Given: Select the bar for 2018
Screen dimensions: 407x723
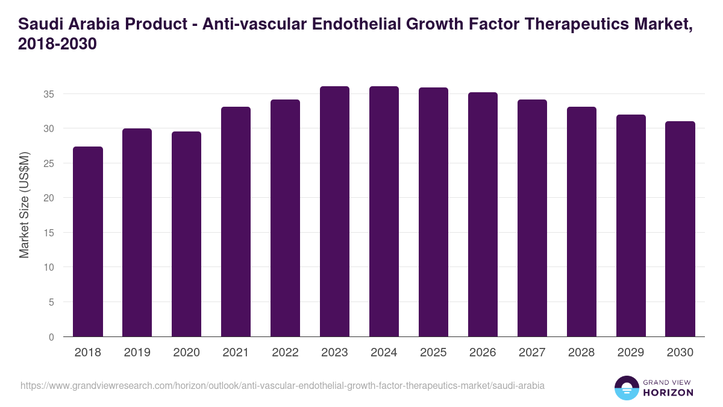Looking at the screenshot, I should click(88, 241).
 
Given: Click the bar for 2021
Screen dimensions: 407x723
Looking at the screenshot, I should click(236, 222).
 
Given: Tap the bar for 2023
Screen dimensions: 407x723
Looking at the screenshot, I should click(334, 211).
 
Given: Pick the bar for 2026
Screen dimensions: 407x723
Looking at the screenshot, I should click(483, 214).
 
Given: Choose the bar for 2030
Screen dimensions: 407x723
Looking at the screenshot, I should click(680, 229).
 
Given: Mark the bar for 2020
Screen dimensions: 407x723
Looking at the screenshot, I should click(186, 234).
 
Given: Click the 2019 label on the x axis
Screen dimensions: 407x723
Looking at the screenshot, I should click(137, 353).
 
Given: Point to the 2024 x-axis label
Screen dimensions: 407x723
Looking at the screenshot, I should click(384, 353).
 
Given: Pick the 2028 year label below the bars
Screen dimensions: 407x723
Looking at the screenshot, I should click(581, 353).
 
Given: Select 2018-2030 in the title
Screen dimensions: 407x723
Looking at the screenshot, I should click(58, 45).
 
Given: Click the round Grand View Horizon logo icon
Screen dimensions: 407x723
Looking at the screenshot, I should click(626, 388).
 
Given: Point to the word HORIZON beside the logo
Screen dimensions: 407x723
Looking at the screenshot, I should click(669, 393).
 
